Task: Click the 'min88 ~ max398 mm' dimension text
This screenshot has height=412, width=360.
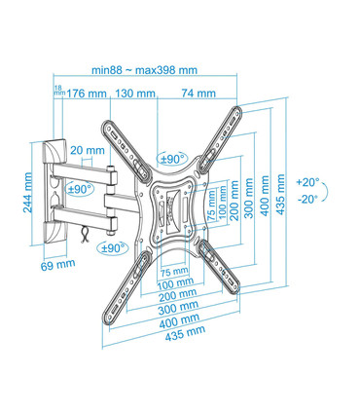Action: coord(144,69)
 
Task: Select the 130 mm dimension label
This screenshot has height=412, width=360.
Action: coord(136,94)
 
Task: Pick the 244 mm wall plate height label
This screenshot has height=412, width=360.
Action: coord(29,193)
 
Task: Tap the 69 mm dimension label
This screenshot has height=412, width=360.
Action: coord(57,264)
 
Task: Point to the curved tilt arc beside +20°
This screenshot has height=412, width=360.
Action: coord(327,191)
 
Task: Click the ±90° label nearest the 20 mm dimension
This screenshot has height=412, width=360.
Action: coord(77,188)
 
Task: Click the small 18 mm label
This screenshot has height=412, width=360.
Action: coord(57,92)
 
